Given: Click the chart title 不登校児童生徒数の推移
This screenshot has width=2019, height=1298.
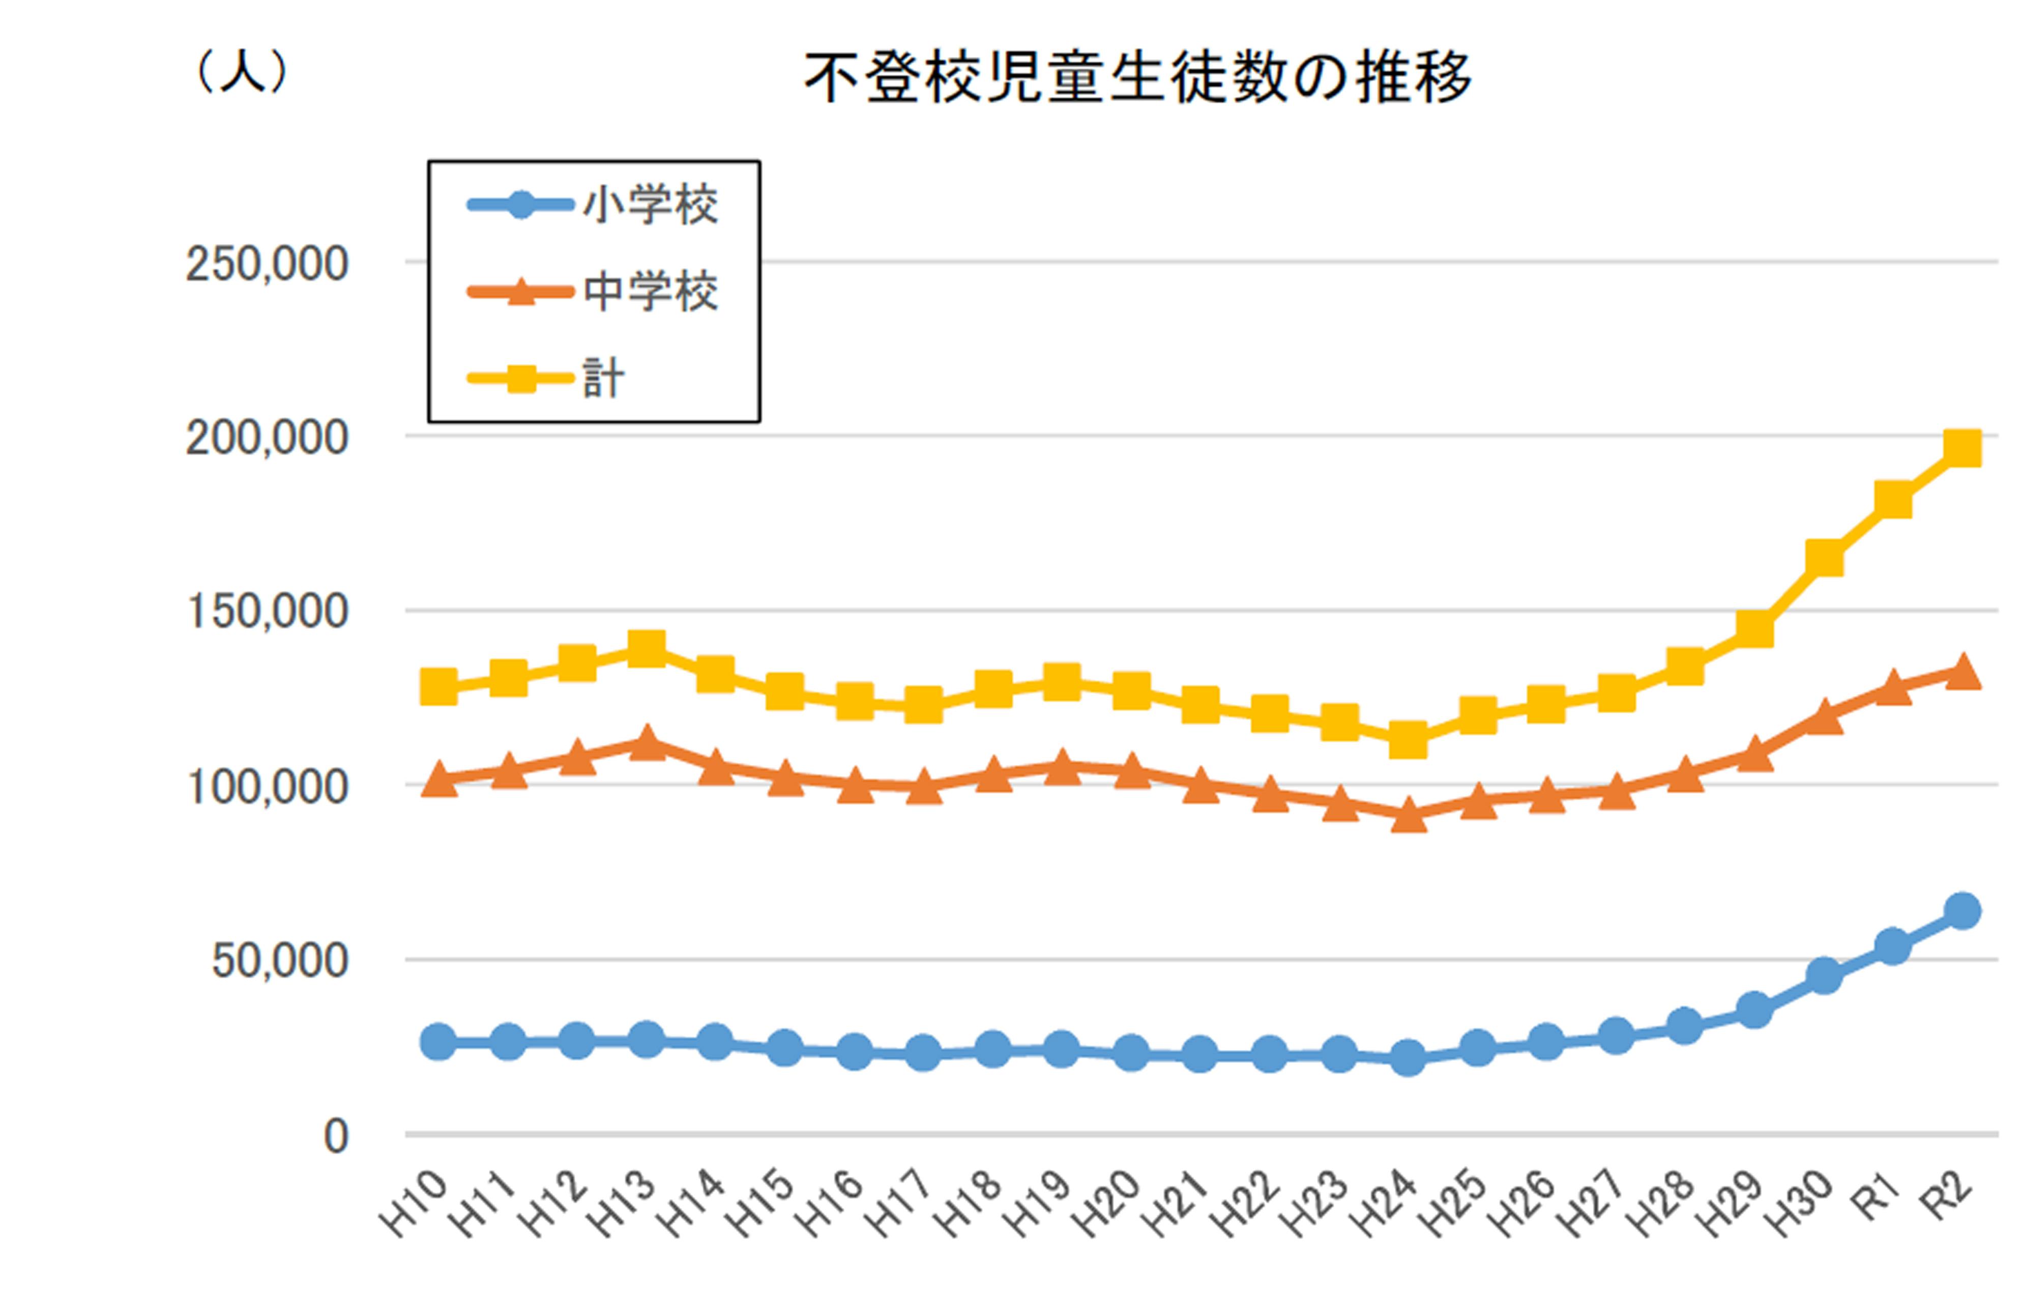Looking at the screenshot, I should pos(1137,77).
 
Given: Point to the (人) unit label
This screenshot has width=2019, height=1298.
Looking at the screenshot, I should pos(241,72).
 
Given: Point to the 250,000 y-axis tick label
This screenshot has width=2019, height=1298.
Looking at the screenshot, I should pos(266,264).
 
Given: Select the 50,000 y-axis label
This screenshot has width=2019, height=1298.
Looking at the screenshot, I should pos(279,960).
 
